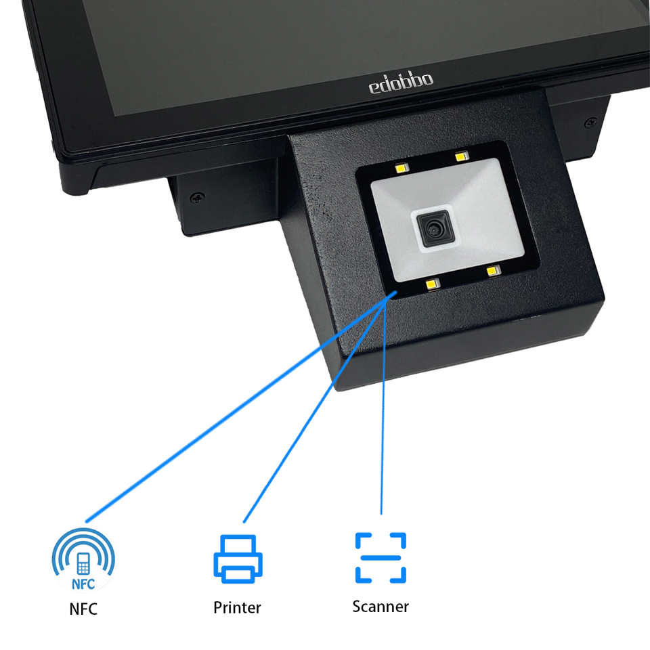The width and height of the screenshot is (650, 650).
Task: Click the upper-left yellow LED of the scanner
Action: [x=402, y=167]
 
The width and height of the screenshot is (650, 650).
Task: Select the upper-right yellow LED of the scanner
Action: [x=462, y=156]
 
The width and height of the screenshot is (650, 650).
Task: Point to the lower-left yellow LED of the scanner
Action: [x=433, y=284]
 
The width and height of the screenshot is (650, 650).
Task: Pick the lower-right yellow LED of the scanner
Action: [x=494, y=271]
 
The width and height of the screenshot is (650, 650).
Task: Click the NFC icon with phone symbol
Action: [x=83, y=560]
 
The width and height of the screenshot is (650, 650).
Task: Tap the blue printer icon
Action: [x=238, y=559]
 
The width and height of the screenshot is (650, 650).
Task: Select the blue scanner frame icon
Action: [x=381, y=557]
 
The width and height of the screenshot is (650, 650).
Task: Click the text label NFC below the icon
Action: [x=83, y=609]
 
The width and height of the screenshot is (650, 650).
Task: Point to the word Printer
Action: [x=237, y=608]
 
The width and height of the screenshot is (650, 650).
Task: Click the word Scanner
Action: [x=381, y=607]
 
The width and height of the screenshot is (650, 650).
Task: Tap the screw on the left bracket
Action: [x=197, y=197]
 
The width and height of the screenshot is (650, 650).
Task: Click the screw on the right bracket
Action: [x=590, y=123]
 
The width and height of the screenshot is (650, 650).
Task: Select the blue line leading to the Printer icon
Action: [x=315, y=410]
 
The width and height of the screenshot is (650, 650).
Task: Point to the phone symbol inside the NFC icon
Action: [x=83, y=564]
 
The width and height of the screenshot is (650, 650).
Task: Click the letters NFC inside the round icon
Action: [x=83, y=584]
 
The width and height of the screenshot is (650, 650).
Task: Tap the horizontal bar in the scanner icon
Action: [x=381, y=557]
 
